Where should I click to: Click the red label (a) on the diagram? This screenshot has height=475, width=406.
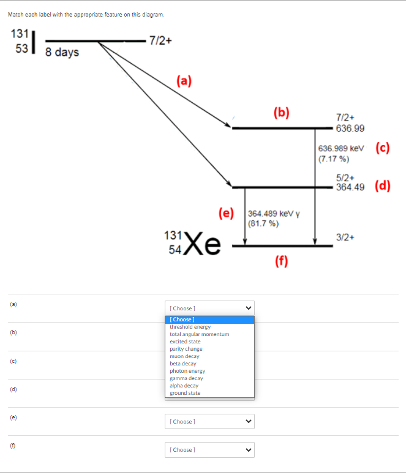pos(184,81)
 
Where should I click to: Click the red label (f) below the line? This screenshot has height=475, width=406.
pos(281,261)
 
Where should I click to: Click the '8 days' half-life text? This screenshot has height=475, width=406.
pos(62,53)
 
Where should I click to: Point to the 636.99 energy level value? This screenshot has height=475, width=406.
pos(350,129)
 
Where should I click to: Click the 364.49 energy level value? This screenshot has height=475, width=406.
pos(350,188)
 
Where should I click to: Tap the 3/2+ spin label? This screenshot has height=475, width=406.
pos(345,237)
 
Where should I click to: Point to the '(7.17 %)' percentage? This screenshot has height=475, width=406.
pos(334,159)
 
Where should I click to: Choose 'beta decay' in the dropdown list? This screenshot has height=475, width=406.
pos(183,364)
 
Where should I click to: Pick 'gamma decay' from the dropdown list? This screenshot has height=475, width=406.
pos(186,378)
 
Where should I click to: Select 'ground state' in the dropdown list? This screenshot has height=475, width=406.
pos(185,393)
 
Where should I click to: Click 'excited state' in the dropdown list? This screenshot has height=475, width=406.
pos(185,342)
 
